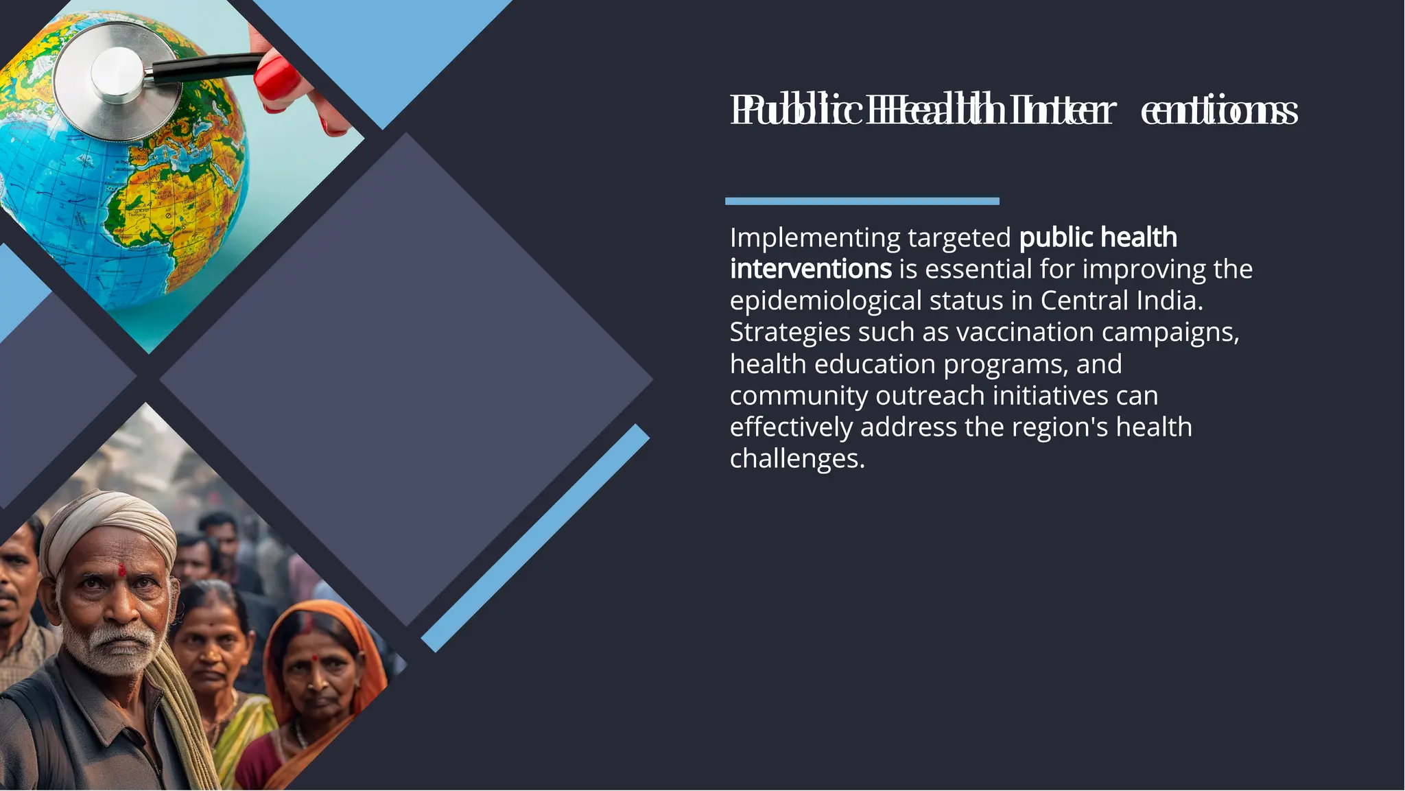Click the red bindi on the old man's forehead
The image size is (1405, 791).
[x=121, y=569]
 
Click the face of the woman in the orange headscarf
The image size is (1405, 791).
[x=319, y=669]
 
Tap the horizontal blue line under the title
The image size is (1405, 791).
[x=862, y=201]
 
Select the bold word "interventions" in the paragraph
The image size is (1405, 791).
[x=810, y=269]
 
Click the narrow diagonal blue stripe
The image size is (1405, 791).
[x=535, y=538]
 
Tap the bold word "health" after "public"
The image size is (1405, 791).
[x=1138, y=238]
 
